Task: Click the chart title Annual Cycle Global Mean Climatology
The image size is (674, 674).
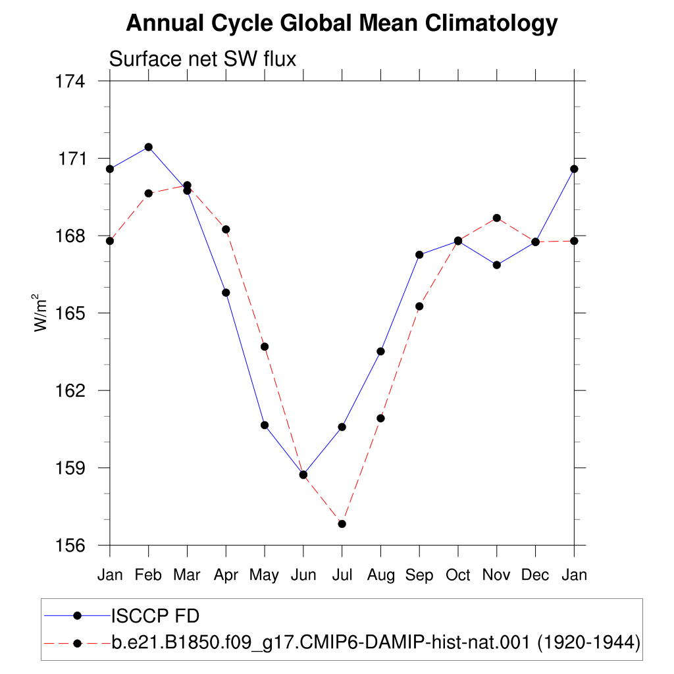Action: point(342,23)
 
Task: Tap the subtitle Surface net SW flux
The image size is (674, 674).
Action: point(203,59)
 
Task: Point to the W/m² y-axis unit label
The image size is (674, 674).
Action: point(39,313)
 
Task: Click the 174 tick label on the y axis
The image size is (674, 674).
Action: point(70,81)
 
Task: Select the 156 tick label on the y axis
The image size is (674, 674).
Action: point(70,546)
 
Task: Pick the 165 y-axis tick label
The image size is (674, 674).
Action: point(70,313)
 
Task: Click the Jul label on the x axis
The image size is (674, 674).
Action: point(342,575)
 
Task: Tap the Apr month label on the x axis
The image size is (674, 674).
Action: point(226,575)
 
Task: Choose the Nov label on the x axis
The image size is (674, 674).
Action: point(496,575)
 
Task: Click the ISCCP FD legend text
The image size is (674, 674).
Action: point(155,616)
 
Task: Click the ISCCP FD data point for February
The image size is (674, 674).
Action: point(149,147)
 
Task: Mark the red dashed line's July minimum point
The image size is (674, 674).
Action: point(342,524)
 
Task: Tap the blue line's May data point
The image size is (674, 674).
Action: point(265,426)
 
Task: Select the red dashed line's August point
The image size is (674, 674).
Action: point(381,418)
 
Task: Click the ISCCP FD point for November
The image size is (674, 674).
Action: point(497,265)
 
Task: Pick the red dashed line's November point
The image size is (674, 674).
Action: point(497,219)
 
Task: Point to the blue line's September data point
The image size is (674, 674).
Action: point(419,255)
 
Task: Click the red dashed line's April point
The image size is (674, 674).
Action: point(226,230)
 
